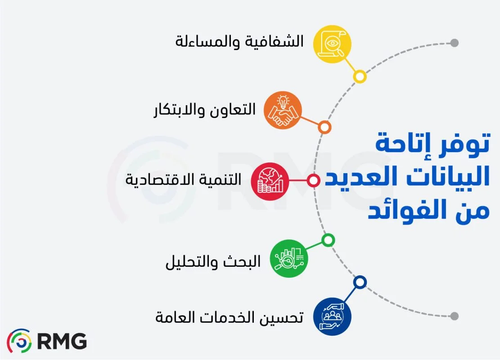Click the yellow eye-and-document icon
tap(332, 44)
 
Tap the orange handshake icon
tap(282, 111)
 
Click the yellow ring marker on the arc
tap(359, 76)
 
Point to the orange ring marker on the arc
tap(324, 127)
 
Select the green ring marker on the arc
tap(328, 240)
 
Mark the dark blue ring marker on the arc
tap(359, 282)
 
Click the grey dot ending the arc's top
tap(455, 43)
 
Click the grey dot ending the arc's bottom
tap(455, 316)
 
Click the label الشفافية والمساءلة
tap(239, 43)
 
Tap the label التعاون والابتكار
tap(204, 110)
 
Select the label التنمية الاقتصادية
tap(183, 180)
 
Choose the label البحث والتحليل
tap(213, 261)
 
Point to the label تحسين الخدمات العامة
tap(229, 317)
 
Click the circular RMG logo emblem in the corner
tap(19, 341)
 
